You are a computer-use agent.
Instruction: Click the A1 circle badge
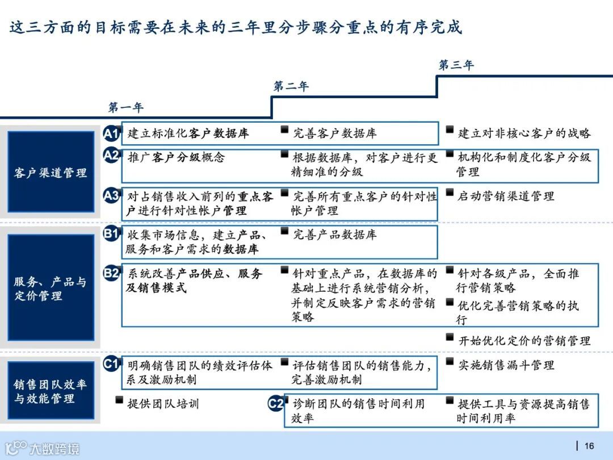(111, 134)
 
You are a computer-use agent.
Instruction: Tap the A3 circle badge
(111, 196)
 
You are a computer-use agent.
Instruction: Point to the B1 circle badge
(111, 233)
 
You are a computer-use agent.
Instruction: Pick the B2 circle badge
(111, 273)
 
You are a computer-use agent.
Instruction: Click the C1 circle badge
(111, 364)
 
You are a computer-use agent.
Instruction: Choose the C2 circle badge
(276, 404)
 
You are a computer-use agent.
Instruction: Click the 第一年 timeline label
(126, 107)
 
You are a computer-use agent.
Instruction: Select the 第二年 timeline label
(291, 86)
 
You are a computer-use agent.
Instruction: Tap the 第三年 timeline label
(456, 65)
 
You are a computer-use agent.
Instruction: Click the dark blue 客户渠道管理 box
(51, 172)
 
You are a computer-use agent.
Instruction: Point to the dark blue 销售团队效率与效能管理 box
(51, 391)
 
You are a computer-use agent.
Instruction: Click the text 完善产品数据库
(334, 235)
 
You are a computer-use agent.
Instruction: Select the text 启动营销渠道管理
(506, 196)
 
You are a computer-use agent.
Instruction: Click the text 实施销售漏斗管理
(506, 365)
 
